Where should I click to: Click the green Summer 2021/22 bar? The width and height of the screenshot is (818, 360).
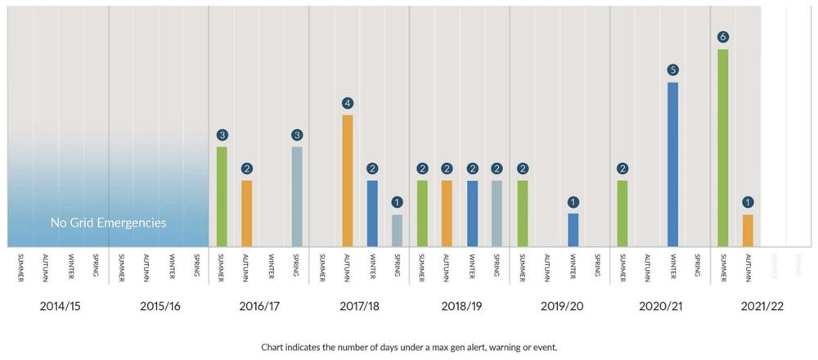723,147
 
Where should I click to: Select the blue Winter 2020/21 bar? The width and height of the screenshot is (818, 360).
672,164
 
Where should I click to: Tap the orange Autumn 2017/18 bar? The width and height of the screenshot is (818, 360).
348,180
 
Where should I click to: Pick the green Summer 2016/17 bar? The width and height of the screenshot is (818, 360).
222,196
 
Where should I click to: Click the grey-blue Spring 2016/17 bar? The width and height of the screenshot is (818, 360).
297,196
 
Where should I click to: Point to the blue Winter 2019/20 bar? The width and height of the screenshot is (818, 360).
573,229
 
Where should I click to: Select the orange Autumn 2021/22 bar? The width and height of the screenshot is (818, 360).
748,230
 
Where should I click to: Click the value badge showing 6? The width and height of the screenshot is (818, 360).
723,37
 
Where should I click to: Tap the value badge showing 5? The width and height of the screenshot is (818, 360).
672,70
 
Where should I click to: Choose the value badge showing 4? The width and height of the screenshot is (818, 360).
348,103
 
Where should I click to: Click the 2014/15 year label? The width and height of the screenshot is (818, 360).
60,308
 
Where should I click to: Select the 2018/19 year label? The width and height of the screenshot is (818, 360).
460,308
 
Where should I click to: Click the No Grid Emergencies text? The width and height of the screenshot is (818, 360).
108,223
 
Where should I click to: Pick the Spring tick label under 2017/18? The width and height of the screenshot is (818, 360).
397,267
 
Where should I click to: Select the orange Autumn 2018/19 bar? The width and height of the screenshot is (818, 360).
447,213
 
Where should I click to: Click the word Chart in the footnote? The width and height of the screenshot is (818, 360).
274,347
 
